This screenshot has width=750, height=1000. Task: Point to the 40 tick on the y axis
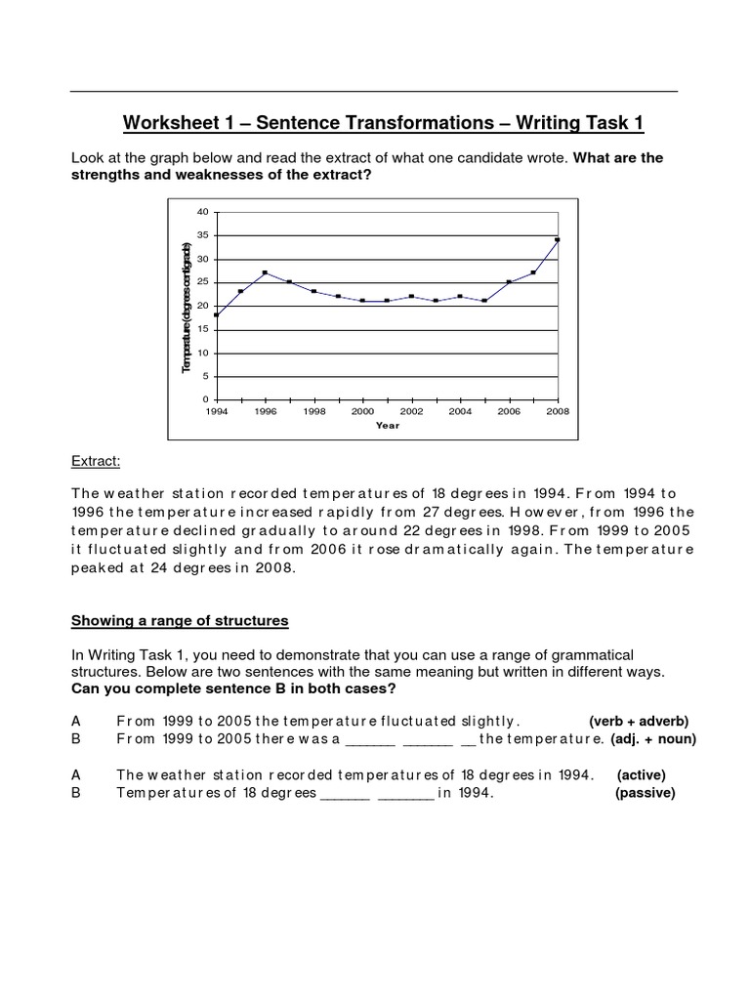(x=204, y=212)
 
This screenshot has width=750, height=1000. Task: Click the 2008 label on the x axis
(x=558, y=412)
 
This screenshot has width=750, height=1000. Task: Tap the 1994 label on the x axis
(x=216, y=412)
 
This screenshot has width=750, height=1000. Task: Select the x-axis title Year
(x=388, y=426)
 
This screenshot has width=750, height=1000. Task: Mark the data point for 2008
(x=558, y=239)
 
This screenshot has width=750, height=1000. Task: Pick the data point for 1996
(x=265, y=272)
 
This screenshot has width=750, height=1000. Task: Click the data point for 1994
(x=216, y=314)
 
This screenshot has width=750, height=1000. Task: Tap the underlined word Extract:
(x=95, y=460)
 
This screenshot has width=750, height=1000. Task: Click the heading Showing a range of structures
(x=181, y=621)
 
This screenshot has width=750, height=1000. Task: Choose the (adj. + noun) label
(x=653, y=739)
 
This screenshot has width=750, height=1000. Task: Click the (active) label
(x=644, y=774)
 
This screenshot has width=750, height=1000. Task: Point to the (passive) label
(x=645, y=793)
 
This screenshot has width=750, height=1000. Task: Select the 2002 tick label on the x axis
(x=411, y=412)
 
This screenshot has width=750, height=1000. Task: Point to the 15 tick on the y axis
(x=204, y=329)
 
